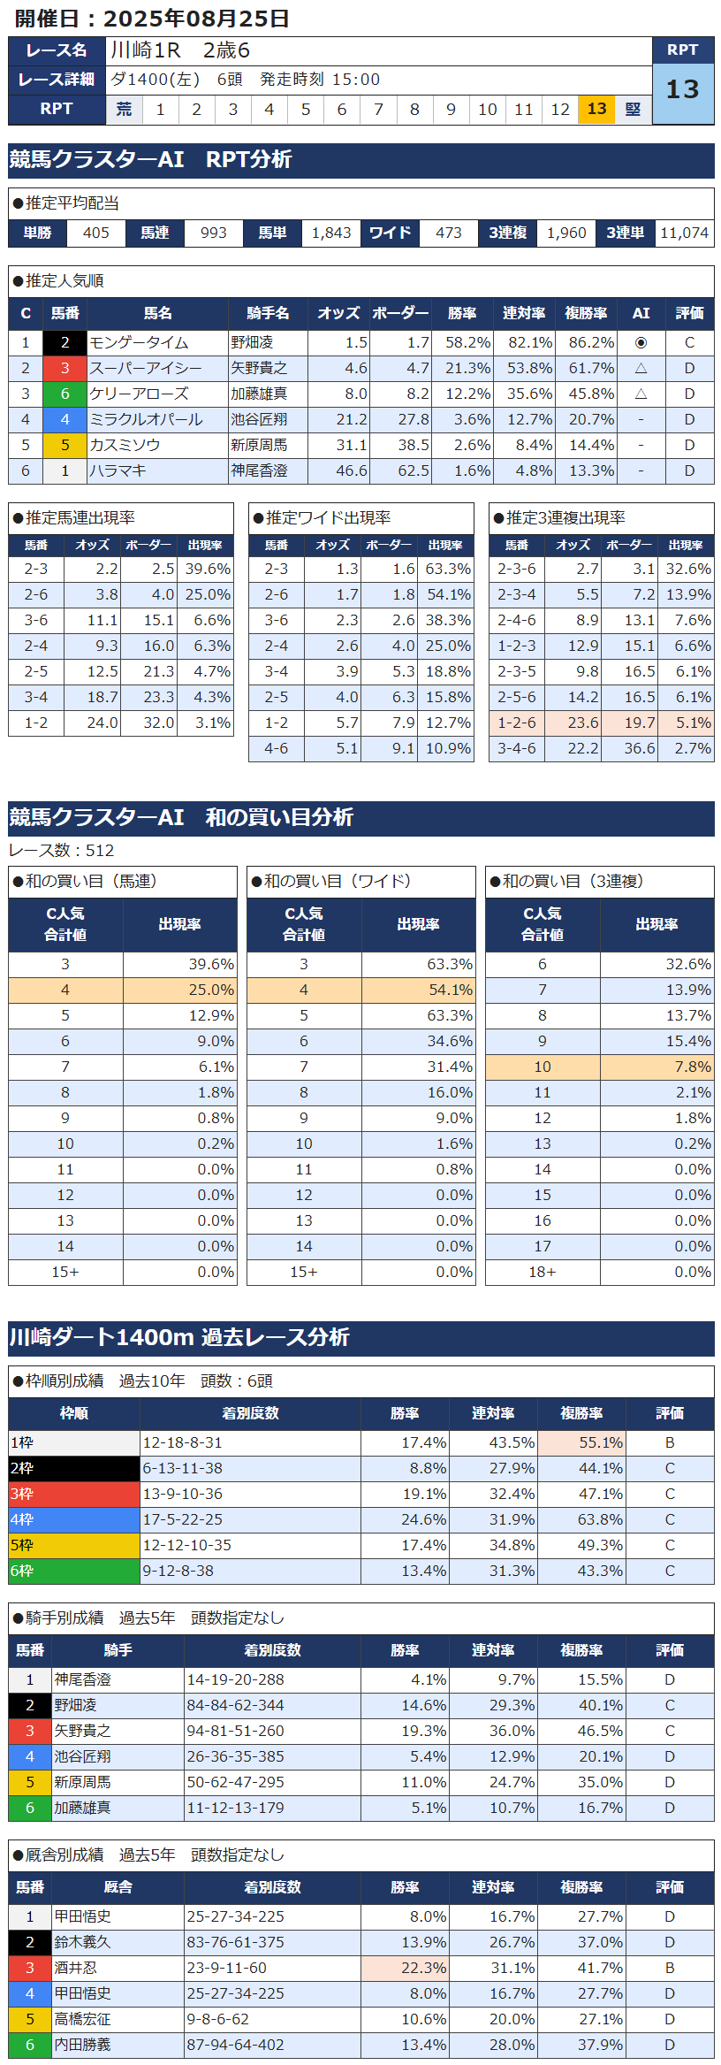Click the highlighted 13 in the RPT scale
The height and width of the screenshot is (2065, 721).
(596, 109)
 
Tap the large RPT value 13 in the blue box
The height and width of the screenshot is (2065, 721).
(682, 89)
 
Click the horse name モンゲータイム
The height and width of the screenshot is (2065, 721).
(140, 342)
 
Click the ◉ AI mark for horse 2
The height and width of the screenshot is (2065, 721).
(641, 342)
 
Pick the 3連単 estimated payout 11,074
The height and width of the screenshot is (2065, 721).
(684, 233)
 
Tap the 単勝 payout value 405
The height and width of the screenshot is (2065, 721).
(95, 233)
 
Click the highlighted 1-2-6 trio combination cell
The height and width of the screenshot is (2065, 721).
(516, 723)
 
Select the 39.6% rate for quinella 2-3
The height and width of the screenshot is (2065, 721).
(207, 569)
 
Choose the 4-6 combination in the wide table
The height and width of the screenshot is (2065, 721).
(276, 748)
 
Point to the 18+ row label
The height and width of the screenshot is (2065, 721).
(542, 1272)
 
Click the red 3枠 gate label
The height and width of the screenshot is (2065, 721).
(22, 1494)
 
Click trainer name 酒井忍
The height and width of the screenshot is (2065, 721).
(76, 1968)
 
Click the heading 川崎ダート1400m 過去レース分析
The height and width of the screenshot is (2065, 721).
(179, 1337)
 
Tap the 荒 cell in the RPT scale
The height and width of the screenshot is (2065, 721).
(124, 109)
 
